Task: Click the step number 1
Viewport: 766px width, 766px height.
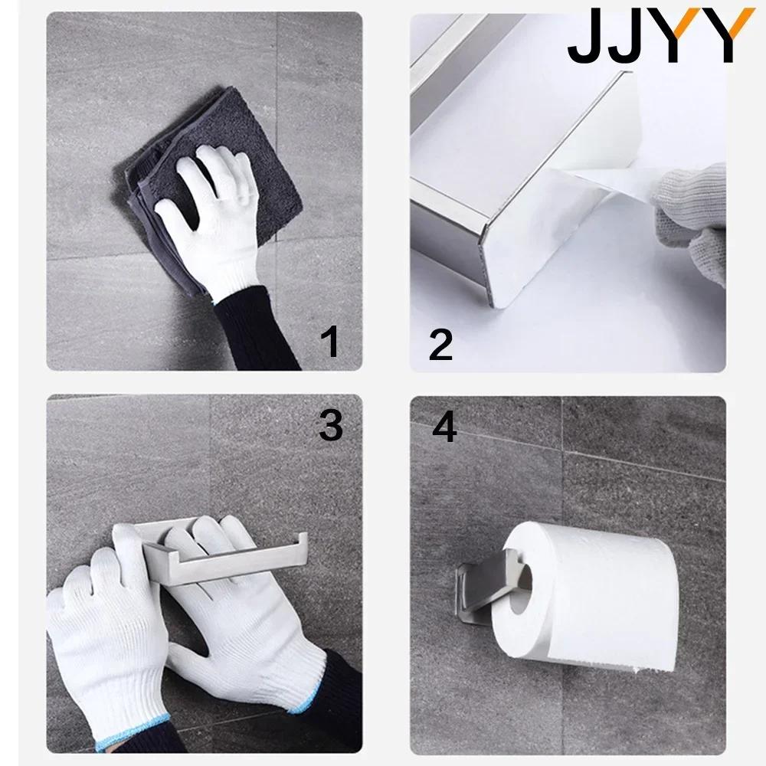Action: point(330,341)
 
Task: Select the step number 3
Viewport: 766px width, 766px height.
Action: point(330,425)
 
